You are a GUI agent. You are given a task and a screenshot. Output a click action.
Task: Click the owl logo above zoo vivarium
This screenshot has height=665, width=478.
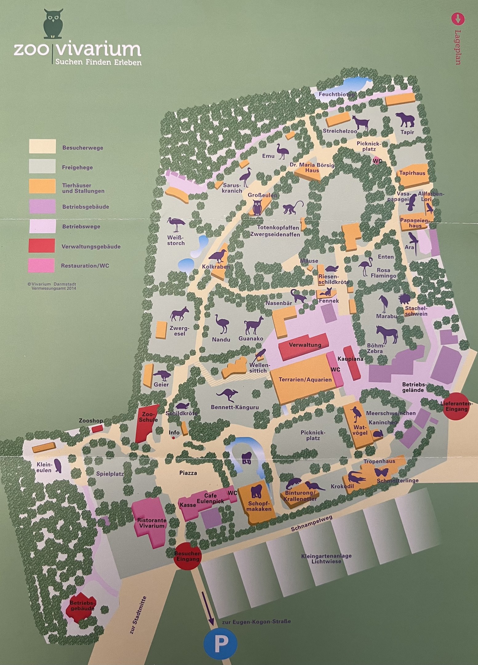coord(54,24)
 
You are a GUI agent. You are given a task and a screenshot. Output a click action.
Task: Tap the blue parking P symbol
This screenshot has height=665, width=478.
coord(221,643)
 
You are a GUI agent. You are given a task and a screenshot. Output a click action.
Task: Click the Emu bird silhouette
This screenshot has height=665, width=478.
coord(282,151)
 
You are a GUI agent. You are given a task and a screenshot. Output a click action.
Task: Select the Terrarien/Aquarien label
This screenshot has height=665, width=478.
coord(305,380)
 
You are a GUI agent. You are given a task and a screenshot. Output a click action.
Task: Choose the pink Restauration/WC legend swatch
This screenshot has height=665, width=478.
coord(42,265)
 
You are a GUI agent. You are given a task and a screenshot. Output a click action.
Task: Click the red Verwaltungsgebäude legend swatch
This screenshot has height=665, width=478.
coord(42,246)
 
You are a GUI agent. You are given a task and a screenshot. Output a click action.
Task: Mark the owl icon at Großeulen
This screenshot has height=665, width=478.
coord(257,207)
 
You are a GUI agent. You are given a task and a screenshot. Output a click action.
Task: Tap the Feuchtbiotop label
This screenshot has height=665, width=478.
coord(337,95)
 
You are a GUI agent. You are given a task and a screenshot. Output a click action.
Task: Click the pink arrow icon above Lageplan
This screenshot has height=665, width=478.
coord(457,18)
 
